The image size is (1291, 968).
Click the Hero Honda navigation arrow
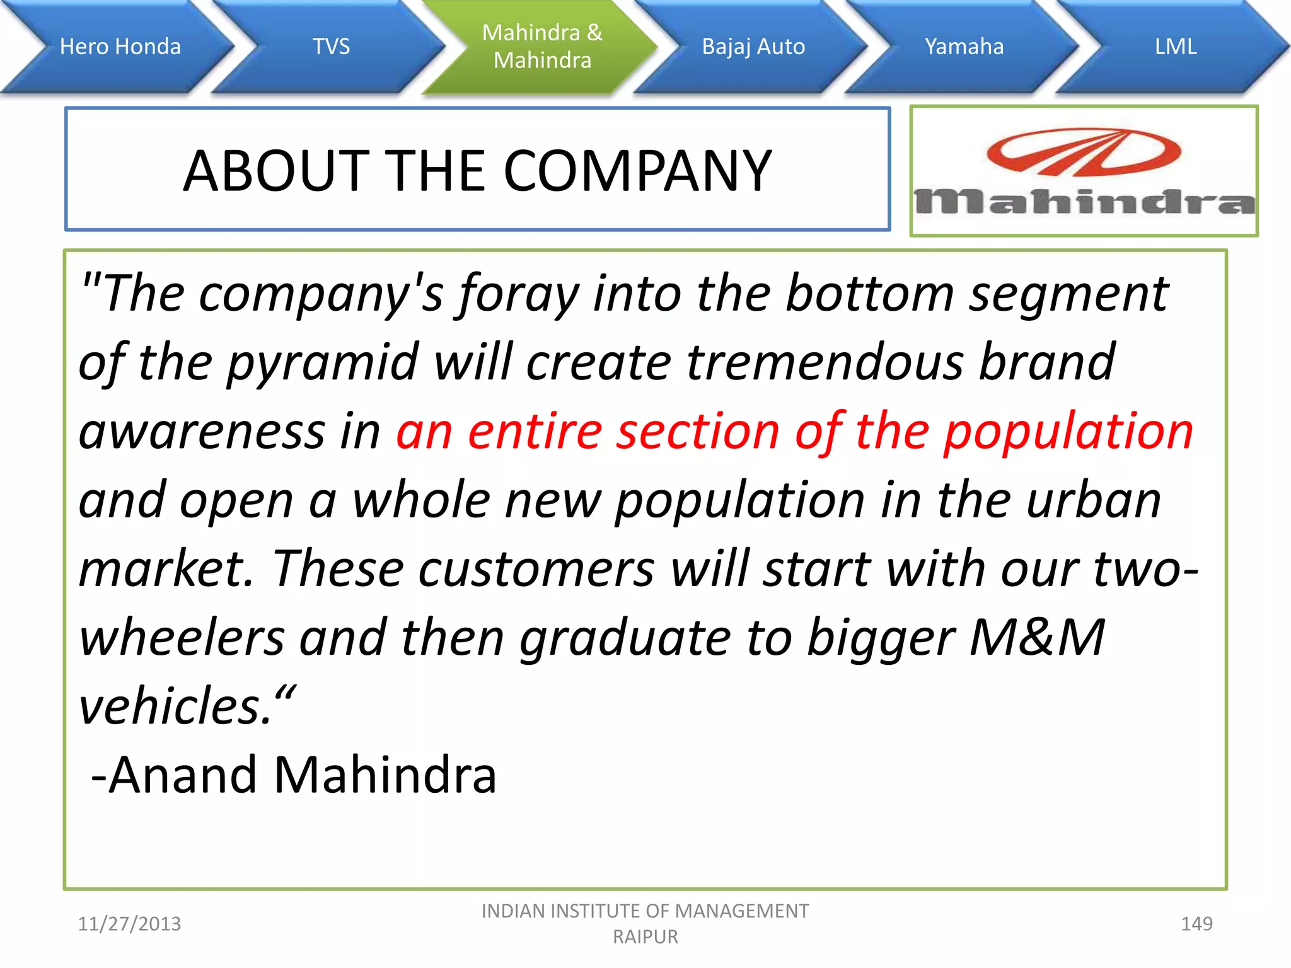(x=120, y=47)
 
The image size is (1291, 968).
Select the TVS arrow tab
(x=331, y=47)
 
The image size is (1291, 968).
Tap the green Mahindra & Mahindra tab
(x=542, y=47)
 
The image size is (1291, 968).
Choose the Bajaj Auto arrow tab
(x=753, y=47)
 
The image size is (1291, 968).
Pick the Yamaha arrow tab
(x=964, y=47)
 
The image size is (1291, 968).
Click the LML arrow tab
(x=1176, y=47)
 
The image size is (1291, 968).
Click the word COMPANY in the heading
(x=637, y=171)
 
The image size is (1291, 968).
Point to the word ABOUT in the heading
(x=276, y=171)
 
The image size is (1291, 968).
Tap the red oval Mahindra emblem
(x=1084, y=153)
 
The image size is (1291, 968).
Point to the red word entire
(x=535, y=432)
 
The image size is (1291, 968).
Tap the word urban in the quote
(x=1093, y=500)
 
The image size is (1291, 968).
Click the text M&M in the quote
(x=1037, y=637)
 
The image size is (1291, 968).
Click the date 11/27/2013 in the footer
(x=129, y=924)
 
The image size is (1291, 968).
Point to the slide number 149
(x=1196, y=924)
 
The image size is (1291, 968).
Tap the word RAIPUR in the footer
(x=645, y=937)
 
